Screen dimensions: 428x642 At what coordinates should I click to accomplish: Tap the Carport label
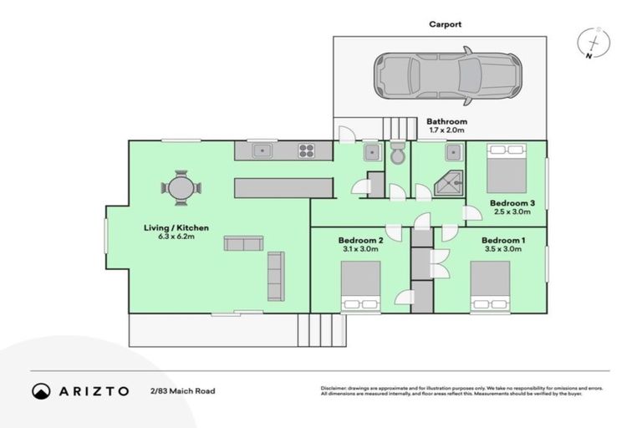(444, 24)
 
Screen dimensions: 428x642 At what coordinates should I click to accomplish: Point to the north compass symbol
(594, 43)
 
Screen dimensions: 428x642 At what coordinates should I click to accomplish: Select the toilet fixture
(398, 154)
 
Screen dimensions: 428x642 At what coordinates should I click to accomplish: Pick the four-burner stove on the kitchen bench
(307, 151)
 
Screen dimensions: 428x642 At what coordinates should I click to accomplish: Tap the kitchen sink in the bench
(262, 151)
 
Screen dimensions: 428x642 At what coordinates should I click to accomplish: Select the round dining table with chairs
(181, 187)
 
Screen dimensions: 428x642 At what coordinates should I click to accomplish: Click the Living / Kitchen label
(176, 227)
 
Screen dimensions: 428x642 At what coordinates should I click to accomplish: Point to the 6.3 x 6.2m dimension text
(176, 237)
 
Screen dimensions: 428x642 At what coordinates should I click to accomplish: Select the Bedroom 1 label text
(502, 240)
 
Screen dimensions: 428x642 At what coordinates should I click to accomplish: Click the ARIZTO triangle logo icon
(41, 391)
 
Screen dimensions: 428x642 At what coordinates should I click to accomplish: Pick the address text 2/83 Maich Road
(179, 391)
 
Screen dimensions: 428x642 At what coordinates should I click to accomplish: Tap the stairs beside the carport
(400, 128)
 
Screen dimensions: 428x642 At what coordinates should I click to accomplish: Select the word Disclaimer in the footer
(335, 389)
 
